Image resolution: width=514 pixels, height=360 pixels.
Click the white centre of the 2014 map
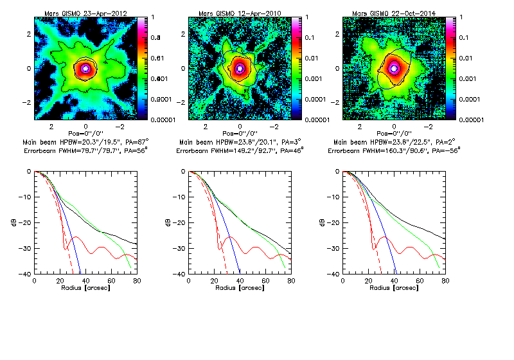pyautogui.click(x=394, y=67)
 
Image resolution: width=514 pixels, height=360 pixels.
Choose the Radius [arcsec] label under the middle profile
pyautogui.click(x=239, y=287)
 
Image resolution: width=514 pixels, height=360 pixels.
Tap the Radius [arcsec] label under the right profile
pyautogui.click(x=393, y=287)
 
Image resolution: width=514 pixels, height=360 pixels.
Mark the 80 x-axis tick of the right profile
pyautogui.click(x=445, y=281)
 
